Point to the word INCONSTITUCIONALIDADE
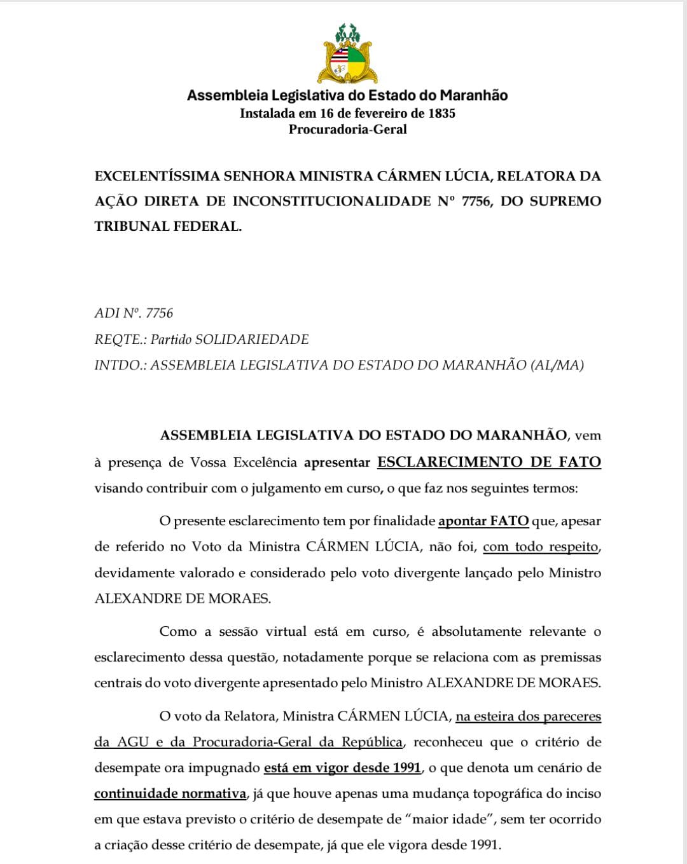pyautogui.click(x=331, y=201)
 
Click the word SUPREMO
pyautogui.click(x=565, y=201)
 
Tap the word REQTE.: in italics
pyautogui.click(x=120, y=339)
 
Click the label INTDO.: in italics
pyautogui.click(x=120, y=365)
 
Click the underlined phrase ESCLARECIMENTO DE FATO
pyautogui.click(x=489, y=462)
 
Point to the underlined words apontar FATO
pyautogui.click(x=483, y=521)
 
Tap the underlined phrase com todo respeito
pyautogui.click(x=541, y=547)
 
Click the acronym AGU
pyautogui.click(x=132, y=742)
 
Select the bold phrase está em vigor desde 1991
pyautogui.click(x=342, y=767)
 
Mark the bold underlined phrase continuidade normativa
pyautogui.click(x=170, y=793)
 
